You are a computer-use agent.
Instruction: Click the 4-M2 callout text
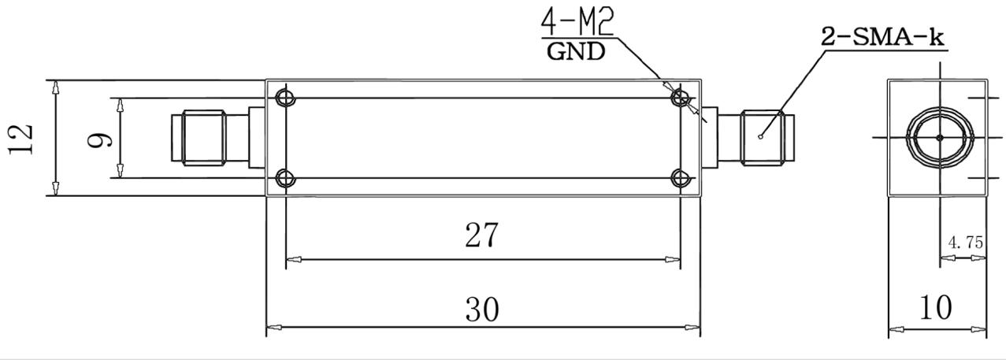coord(577,22)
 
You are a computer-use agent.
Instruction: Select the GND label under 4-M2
coord(576,52)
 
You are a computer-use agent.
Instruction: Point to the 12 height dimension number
coord(21,139)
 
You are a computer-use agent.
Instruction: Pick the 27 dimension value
coord(481,235)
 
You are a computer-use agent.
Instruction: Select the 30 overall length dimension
coord(482,310)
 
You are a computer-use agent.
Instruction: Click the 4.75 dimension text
coord(966,243)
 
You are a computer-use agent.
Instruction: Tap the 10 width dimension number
coord(936,308)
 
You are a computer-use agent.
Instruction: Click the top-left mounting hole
coord(285,98)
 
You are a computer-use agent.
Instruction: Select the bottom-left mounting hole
coord(285,179)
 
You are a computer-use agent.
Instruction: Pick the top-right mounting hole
coord(681,98)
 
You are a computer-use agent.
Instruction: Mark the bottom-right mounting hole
coord(681,179)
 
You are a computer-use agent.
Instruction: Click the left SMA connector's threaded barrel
coord(204,138)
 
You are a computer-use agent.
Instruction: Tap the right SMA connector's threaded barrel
coord(762,138)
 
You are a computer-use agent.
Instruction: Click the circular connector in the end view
coord(940,138)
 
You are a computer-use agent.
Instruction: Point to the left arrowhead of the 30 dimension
coord(274,327)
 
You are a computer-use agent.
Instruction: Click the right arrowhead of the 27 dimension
coord(673,259)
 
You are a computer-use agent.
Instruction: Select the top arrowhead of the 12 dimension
coord(55,87)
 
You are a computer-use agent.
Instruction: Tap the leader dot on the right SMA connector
coord(760,137)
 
